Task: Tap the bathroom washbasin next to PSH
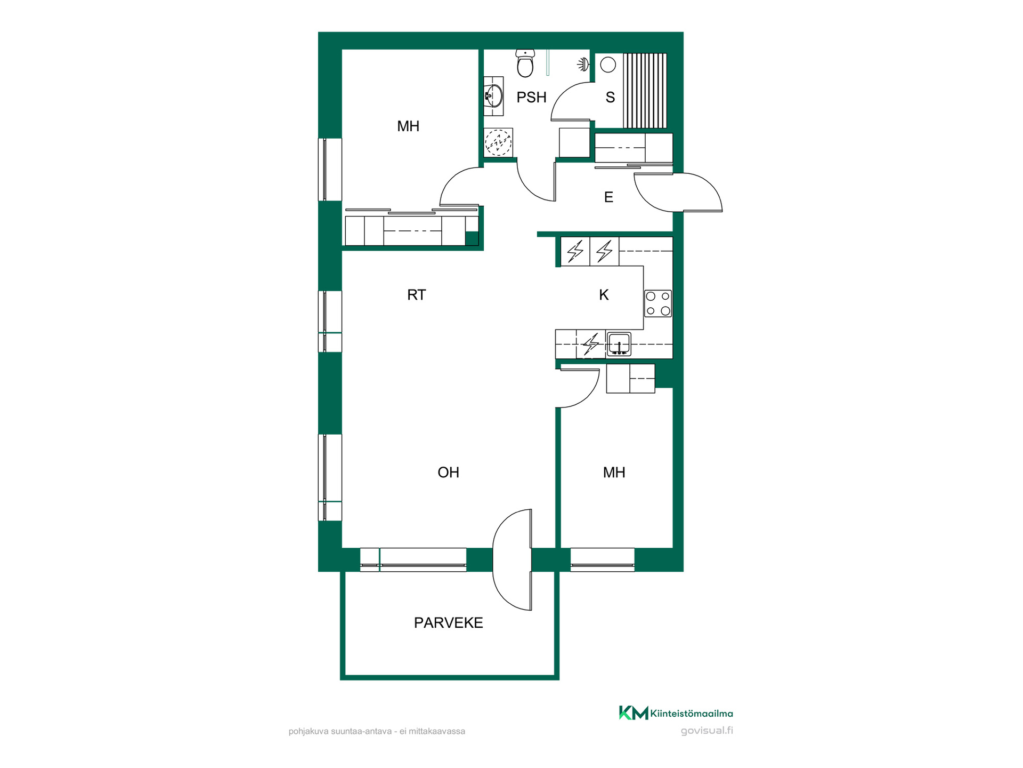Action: (x=494, y=96)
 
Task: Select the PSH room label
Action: (x=532, y=97)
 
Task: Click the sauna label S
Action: (x=610, y=97)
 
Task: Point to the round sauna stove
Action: (x=608, y=65)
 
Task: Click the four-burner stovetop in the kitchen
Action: (x=658, y=303)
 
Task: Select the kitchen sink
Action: (x=619, y=344)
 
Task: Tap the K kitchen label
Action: (x=604, y=294)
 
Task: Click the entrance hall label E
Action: (x=608, y=197)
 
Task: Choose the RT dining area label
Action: (x=417, y=294)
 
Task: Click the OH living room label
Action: (x=448, y=472)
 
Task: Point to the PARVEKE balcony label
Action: (x=449, y=622)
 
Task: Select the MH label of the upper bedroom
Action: (x=408, y=126)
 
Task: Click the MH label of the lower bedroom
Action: (x=614, y=472)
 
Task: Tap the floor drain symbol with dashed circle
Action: (x=498, y=142)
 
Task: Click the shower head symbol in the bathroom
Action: (x=583, y=65)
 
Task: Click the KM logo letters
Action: (x=634, y=713)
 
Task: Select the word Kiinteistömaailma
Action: (x=692, y=713)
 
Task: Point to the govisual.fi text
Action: (x=707, y=731)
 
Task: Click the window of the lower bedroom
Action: (x=603, y=560)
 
